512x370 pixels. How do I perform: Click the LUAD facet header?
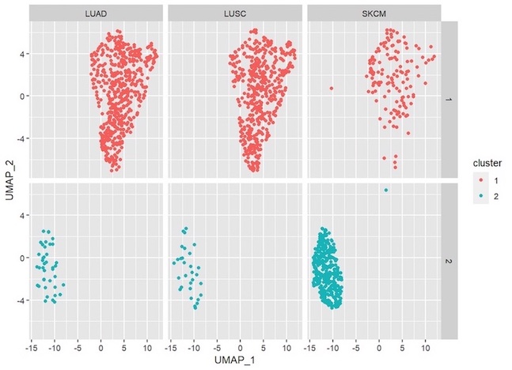pos(95,13)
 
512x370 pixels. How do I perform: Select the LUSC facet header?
pos(234,13)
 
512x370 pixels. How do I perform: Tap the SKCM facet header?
pos(373,13)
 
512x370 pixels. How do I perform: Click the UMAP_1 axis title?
pos(234,361)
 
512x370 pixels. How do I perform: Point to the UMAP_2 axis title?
pos(9,180)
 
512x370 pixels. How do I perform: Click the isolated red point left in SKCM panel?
pos(332,88)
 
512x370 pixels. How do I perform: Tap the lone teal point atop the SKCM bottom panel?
pos(385,190)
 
